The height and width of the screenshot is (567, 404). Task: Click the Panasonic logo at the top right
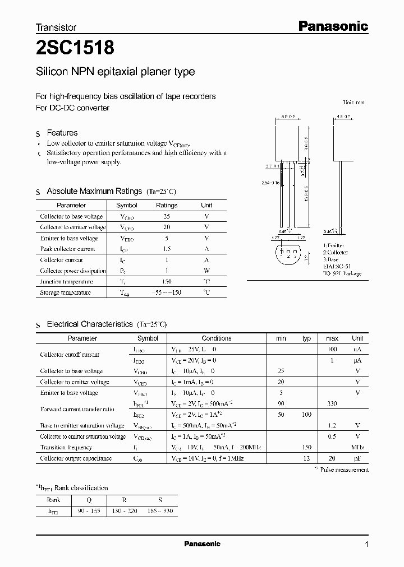pyautogui.click(x=332, y=26)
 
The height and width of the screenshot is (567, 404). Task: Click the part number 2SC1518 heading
pyautogui.click(x=75, y=49)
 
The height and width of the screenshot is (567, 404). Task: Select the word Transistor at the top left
pyautogui.click(x=56, y=27)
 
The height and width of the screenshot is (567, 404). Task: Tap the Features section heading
pyautogui.click(x=62, y=133)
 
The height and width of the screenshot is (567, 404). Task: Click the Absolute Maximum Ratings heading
pyautogui.click(x=90, y=191)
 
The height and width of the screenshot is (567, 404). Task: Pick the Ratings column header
pyautogui.click(x=166, y=205)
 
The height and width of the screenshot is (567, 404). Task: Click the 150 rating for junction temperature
pyautogui.click(x=166, y=282)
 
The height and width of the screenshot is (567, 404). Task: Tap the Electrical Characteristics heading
pyautogui.click(x=90, y=324)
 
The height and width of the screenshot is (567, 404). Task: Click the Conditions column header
pyautogui.click(x=217, y=338)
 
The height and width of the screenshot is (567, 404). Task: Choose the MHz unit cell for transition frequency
pyautogui.click(x=357, y=448)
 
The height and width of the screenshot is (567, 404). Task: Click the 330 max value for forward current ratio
pyautogui.click(x=332, y=403)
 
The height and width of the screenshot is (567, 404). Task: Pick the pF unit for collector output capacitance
pyautogui.click(x=357, y=458)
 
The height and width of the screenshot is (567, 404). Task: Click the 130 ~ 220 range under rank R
pyautogui.click(x=125, y=511)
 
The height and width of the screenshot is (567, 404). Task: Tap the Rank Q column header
pyautogui.click(x=88, y=500)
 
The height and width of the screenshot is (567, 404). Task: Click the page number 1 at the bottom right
pyautogui.click(x=366, y=544)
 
